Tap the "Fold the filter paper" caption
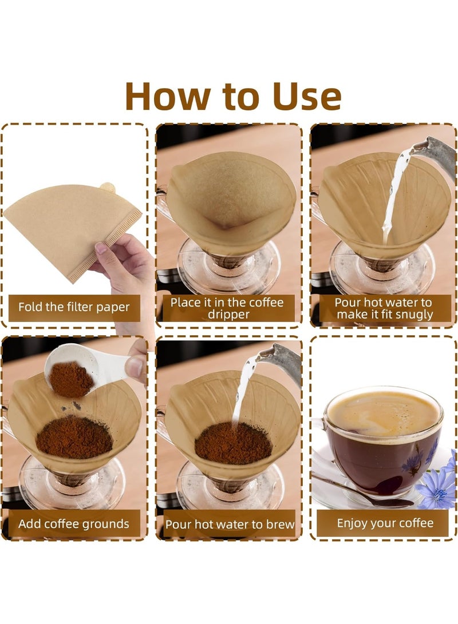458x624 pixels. coord(74,307)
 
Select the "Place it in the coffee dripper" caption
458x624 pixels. coord(227,308)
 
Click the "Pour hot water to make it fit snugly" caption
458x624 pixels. coord(384,308)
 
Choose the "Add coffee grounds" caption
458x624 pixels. coord(74,523)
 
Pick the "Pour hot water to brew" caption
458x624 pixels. coord(230,524)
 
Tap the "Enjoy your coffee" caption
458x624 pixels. coord(385,523)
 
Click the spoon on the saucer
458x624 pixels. coord(366,492)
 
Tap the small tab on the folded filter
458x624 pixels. coord(108,188)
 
